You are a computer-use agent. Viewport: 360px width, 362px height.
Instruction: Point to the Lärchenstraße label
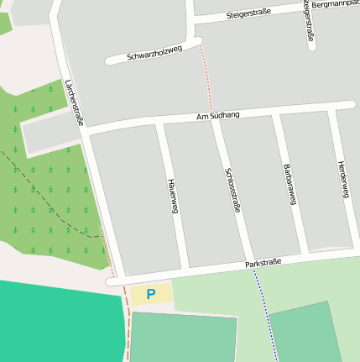tap(75, 102)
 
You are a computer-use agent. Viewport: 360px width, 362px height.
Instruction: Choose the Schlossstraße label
tap(232, 190)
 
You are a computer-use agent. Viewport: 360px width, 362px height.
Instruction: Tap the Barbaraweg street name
tap(290, 184)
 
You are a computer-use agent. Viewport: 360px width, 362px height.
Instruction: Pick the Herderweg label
tap(342, 179)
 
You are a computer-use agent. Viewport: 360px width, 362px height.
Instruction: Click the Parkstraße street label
tap(263, 264)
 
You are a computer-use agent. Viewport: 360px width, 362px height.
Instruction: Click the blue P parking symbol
tap(151, 294)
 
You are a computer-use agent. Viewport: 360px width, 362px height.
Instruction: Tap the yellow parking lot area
tap(163, 294)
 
